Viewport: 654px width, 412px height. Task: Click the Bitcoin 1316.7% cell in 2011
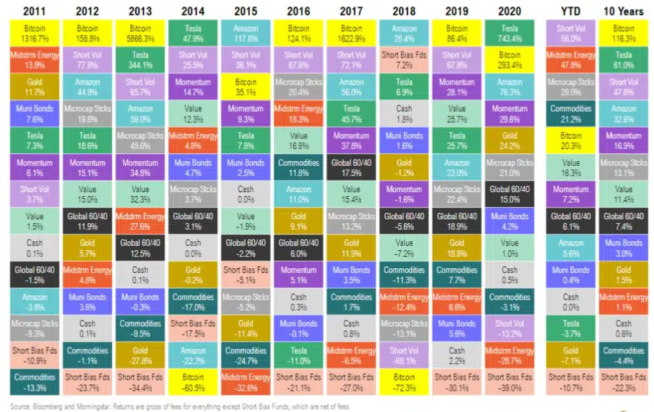coord(35,34)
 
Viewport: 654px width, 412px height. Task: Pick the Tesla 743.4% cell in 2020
coord(510,34)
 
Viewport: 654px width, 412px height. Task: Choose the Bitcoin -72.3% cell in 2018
coord(404,381)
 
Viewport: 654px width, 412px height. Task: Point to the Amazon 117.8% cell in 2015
coord(245,34)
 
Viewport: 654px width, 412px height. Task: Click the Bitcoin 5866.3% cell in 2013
coord(140,34)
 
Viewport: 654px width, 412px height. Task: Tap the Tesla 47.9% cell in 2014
coord(193,34)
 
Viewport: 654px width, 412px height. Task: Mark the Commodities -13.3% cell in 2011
coord(35,381)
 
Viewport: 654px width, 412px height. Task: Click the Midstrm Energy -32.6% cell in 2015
coord(245,381)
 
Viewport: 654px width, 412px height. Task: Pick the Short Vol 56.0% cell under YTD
coord(570,34)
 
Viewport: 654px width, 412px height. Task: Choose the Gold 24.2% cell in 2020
coord(510,140)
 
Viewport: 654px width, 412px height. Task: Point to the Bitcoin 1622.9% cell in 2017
coord(351,34)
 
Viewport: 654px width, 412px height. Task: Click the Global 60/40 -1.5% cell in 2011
coord(35,274)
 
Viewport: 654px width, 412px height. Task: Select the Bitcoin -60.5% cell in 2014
coord(193,381)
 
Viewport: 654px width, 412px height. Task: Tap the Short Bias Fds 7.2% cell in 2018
coord(404,60)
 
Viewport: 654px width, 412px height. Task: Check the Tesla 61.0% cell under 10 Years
coord(624,60)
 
